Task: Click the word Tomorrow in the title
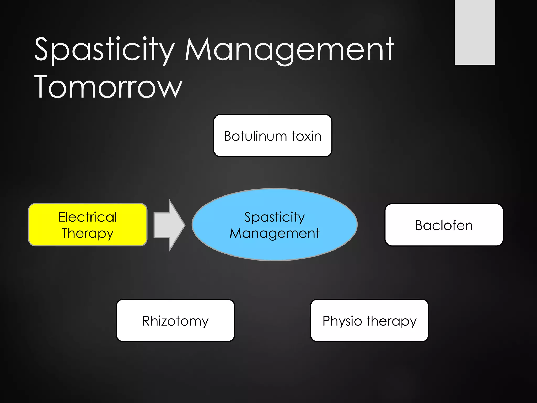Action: pyautogui.click(x=108, y=87)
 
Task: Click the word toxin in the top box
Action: pyautogui.click(x=306, y=136)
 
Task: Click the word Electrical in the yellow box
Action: pyautogui.click(x=88, y=217)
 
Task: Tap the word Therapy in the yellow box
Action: pyautogui.click(x=88, y=233)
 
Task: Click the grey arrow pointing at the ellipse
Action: pyautogui.click(x=168, y=225)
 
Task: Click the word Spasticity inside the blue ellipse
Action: pyautogui.click(x=275, y=217)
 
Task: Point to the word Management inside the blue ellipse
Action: pyautogui.click(x=275, y=233)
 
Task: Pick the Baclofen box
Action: pyautogui.click(x=444, y=225)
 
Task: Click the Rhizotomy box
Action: pyautogui.click(x=175, y=321)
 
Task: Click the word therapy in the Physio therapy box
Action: pyautogui.click(x=391, y=321)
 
